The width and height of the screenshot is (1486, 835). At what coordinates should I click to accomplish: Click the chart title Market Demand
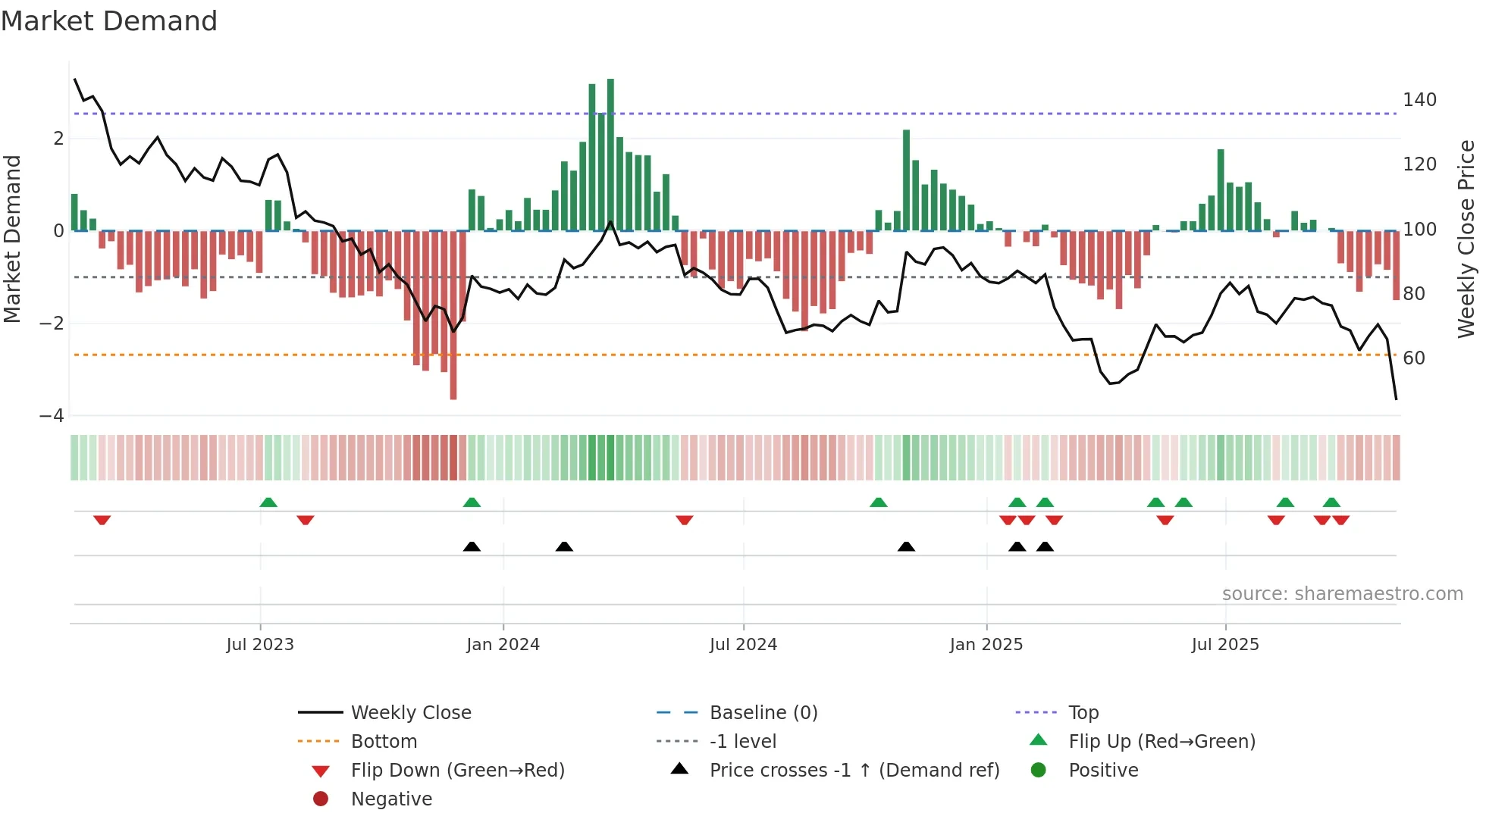(109, 21)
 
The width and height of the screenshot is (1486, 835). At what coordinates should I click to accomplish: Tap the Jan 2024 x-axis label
(503, 645)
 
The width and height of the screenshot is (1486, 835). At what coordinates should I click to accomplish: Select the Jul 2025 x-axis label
(1224, 645)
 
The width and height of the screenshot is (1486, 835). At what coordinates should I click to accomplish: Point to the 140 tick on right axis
(1419, 100)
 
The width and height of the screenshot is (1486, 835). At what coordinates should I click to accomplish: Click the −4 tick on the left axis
(52, 416)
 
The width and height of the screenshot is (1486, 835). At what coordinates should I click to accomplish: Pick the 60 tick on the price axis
(1414, 358)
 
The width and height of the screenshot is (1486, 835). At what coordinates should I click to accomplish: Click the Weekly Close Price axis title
(1466, 239)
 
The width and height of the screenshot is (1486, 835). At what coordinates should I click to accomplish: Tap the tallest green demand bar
(610, 155)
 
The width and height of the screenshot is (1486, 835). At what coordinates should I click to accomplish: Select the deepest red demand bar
(453, 314)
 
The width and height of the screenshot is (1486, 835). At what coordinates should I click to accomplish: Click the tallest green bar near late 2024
(906, 180)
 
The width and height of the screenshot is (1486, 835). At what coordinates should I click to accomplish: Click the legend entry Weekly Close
(410, 713)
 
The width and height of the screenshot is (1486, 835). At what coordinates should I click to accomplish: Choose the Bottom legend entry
(384, 742)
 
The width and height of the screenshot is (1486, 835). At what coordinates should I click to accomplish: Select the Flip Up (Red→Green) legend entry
(1162, 742)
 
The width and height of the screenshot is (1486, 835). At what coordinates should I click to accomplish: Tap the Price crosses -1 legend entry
(854, 771)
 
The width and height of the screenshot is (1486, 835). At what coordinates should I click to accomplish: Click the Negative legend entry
(391, 799)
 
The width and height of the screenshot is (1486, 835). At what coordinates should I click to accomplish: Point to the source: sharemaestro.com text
(1342, 594)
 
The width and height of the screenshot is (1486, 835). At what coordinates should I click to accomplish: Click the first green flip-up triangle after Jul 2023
(268, 502)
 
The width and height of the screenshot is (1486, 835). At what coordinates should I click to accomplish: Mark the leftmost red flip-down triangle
(102, 520)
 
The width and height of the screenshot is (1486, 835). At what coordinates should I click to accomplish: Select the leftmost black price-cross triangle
(472, 546)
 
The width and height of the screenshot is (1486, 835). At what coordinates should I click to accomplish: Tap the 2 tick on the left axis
(58, 139)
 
